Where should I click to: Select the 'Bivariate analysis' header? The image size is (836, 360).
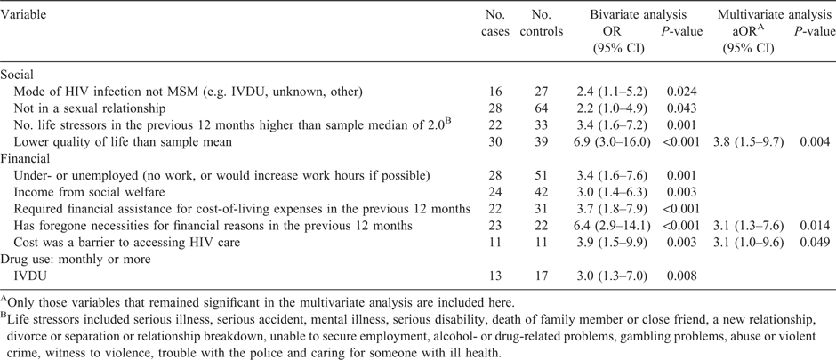[638, 14]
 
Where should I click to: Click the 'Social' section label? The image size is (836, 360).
[17, 75]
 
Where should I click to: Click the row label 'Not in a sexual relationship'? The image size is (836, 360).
[90, 108]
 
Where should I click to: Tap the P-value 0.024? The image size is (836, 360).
[682, 92]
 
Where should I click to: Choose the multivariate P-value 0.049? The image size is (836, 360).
[816, 243]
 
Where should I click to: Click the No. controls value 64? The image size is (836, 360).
[541, 108]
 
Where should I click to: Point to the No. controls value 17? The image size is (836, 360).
[541, 276]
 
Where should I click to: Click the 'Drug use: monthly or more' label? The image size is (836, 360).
[76, 260]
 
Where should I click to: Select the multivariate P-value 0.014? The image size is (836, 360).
[816, 226]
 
